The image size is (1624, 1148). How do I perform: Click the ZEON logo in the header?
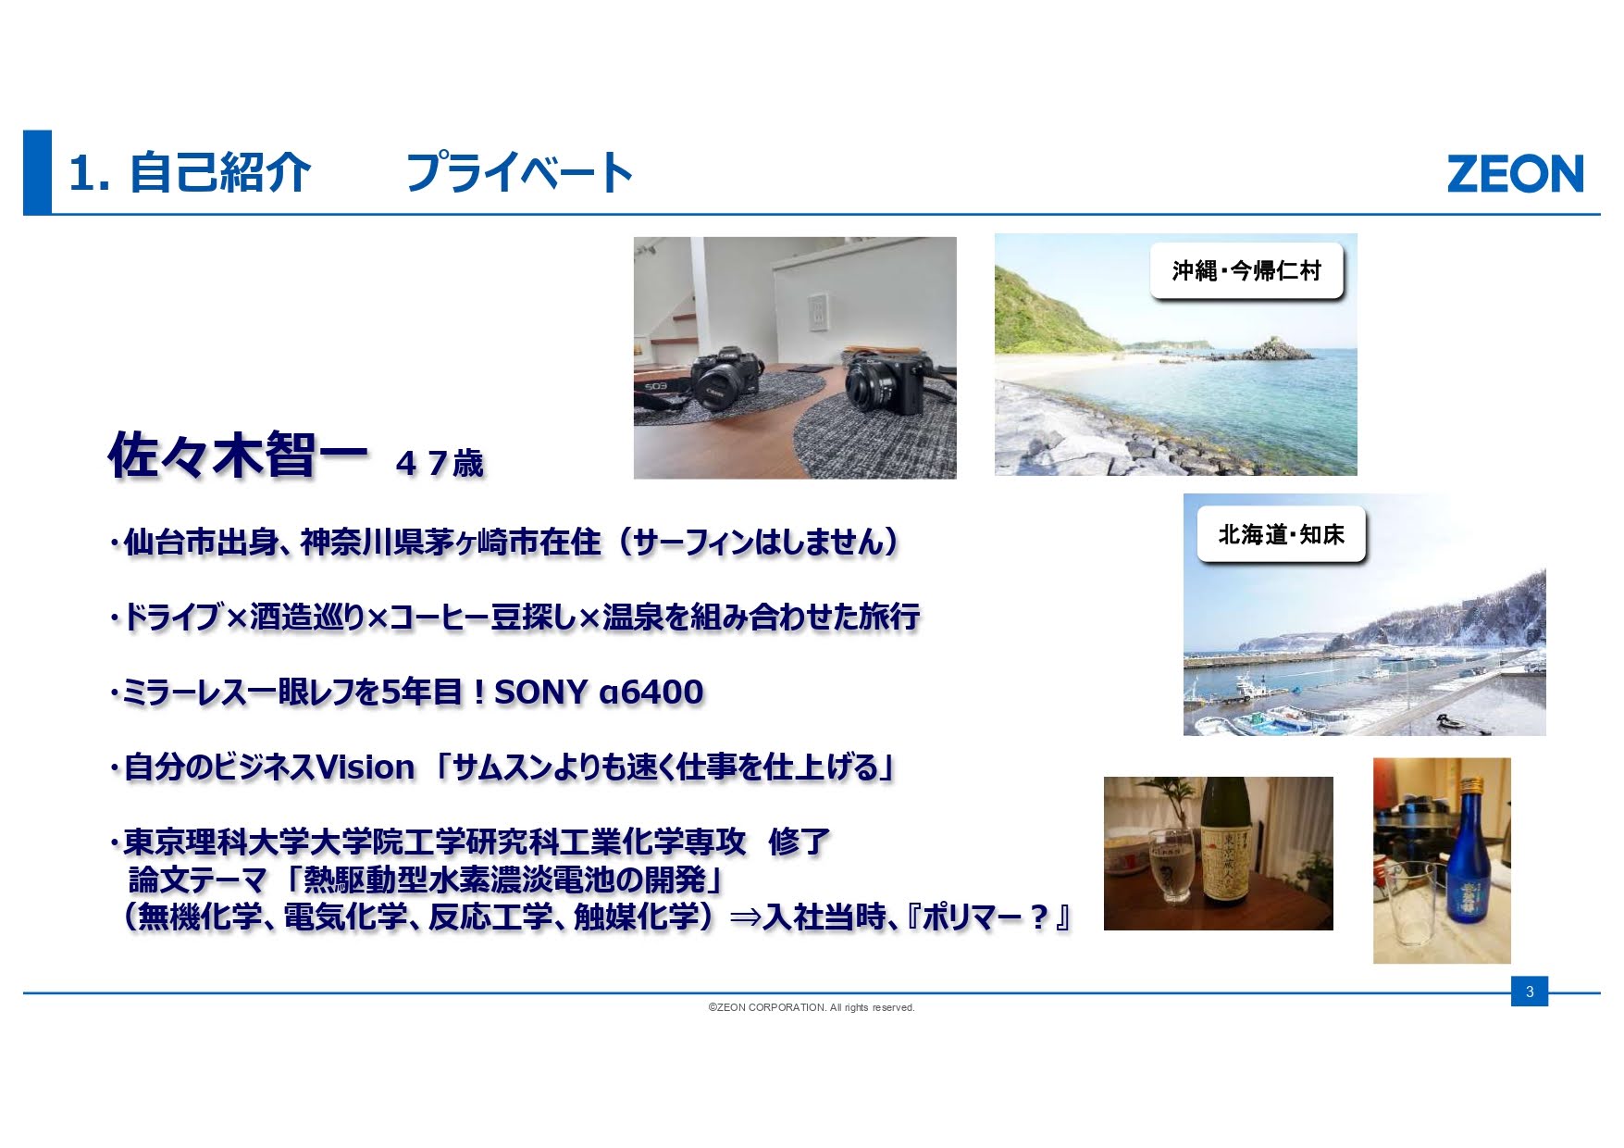coord(1515,174)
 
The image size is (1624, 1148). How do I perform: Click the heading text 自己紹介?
coord(219,173)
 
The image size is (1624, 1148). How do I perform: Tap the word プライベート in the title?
coord(519,173)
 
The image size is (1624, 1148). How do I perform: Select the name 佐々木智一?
coord(238,455)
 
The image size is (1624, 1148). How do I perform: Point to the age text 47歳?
coord(440,463)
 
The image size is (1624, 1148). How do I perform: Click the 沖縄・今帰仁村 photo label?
coord(1246,270)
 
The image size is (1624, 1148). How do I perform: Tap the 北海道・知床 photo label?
coord(1282,534)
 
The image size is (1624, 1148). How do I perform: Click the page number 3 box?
coord(1530,992)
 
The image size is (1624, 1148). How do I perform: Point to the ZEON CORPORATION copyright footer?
coord(812,1007)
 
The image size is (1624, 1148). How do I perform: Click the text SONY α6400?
coord(599,692)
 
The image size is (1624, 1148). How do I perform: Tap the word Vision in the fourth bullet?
coord(366,767)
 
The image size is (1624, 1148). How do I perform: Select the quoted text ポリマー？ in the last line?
coord(986,917)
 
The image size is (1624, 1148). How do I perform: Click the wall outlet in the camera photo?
coord(817,312)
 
